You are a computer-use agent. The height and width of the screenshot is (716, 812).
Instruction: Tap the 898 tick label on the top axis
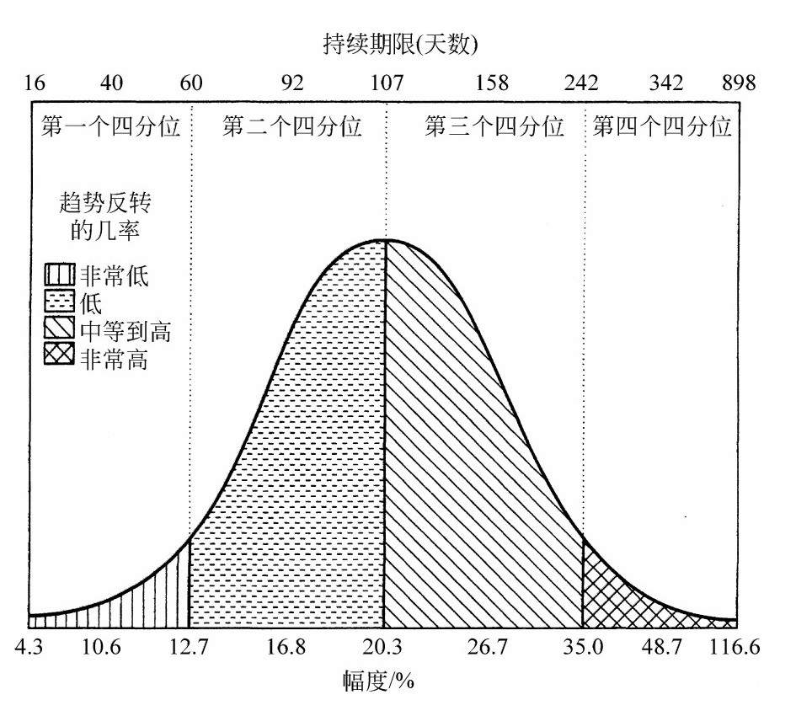tap(739, 83)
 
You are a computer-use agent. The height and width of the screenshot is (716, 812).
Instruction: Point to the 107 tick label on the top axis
tap(387, 83)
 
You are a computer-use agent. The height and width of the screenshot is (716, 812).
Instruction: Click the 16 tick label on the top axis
tap(34, 83)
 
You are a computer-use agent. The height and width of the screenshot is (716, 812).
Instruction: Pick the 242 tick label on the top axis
tap(581, 83)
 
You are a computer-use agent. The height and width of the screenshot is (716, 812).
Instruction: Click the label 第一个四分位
tap(110, 127)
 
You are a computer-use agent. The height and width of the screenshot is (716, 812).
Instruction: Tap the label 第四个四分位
tap(662, 127)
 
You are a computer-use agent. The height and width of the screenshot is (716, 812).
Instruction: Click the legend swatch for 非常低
tap(59, 275)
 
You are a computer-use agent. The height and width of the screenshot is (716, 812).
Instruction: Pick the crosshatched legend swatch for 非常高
tap(59, 357)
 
